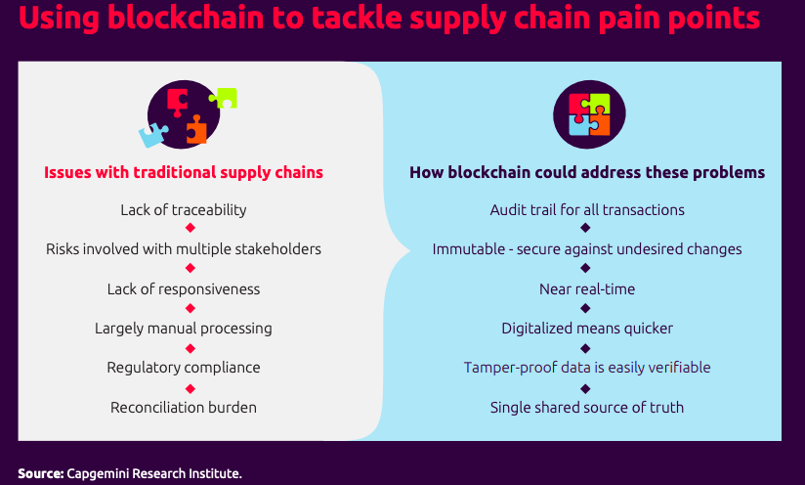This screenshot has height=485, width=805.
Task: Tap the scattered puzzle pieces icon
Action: coord(186,114)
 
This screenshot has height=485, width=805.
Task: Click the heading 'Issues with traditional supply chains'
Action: coord(184,172)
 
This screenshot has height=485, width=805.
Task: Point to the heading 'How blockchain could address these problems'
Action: coord(587,172)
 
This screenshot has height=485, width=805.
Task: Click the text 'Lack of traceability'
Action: coord(184,209)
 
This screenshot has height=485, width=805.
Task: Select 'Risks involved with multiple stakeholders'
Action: coord(184,249)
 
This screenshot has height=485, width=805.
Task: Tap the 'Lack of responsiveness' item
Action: coord(184,288)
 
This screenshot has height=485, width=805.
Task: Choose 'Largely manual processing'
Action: coord(184,329)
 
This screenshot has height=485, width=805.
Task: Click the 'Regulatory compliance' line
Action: coord(184,368)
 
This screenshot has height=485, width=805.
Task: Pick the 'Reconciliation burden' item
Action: coord(184,407)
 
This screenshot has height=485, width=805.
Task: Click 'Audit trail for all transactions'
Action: coord(587,209)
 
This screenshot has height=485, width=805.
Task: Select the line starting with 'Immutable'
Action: coord(587,249)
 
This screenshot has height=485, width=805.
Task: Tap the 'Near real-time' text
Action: coord(587,288)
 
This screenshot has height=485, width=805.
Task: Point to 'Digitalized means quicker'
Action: coord(587,329)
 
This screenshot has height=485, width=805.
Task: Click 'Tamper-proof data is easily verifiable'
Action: coord(587,368)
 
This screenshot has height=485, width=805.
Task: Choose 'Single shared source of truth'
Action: coord(587,407)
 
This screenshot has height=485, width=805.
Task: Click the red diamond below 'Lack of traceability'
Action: coord(191,229)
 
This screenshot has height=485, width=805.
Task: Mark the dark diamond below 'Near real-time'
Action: coord(585,309)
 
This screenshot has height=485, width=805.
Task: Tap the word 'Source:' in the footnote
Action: coord(40,474)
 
